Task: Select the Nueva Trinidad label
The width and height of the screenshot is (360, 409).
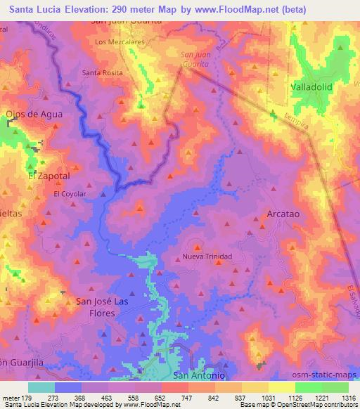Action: point(207,257)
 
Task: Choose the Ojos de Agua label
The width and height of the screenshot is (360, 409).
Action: point(34,114)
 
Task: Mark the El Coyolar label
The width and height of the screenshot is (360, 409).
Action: point(70,193)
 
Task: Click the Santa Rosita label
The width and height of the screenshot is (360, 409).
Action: point(102,72)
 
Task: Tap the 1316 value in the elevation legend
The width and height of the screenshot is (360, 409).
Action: point(349,397)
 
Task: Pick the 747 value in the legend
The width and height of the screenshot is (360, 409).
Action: point(188,397)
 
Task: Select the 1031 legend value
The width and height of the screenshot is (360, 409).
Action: point(268,397)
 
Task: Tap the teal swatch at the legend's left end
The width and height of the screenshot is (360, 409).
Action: point(41,387)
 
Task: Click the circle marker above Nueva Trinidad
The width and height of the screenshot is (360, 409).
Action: point(196,247)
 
